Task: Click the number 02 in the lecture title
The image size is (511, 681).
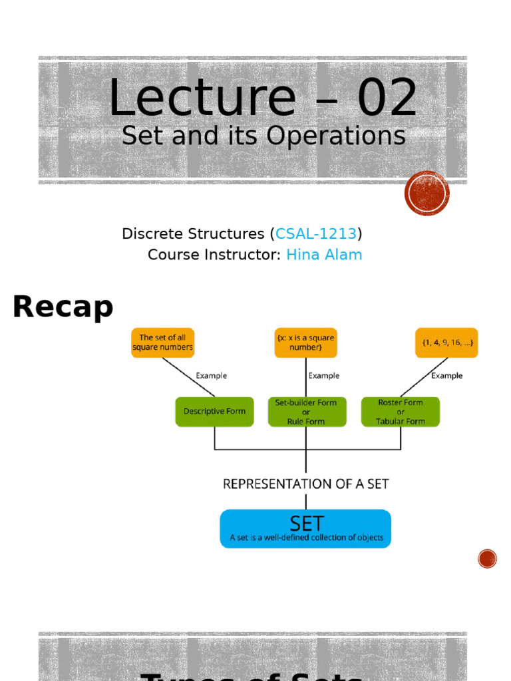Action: click(x=387, y=98)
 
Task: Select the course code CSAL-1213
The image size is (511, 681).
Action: click(x=316, y=234)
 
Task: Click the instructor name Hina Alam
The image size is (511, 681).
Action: click(x=324, y=255)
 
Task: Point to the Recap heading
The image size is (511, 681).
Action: click(x=63, y=307)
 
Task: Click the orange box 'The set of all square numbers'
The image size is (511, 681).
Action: click(x=162, y=342)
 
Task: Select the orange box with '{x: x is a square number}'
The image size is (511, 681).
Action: click(x=306, y=342)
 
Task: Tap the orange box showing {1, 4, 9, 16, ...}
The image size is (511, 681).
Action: click(x=446, y=342)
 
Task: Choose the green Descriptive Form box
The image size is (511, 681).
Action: click(x=214, y=412)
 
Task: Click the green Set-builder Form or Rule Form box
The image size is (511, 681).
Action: click(x=306, y=412)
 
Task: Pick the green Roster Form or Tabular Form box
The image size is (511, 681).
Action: click(x=401, y=412)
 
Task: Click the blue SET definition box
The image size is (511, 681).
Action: click(x=306, y=529)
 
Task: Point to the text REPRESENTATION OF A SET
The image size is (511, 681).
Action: click(x=306, y=484)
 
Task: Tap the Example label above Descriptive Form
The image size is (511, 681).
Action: click(x=211, y=376)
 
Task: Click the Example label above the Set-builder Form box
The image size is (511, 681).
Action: click(x=324, y=376)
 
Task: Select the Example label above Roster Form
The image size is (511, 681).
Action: click(x=446, y=376)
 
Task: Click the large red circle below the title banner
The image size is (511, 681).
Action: click(x=427, y=194)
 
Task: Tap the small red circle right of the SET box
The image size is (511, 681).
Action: click(x=488, y=559)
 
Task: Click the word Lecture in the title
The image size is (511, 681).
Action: click(x=202, y=98)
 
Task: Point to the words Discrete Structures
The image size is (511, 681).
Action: click(x=193, y=234)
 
